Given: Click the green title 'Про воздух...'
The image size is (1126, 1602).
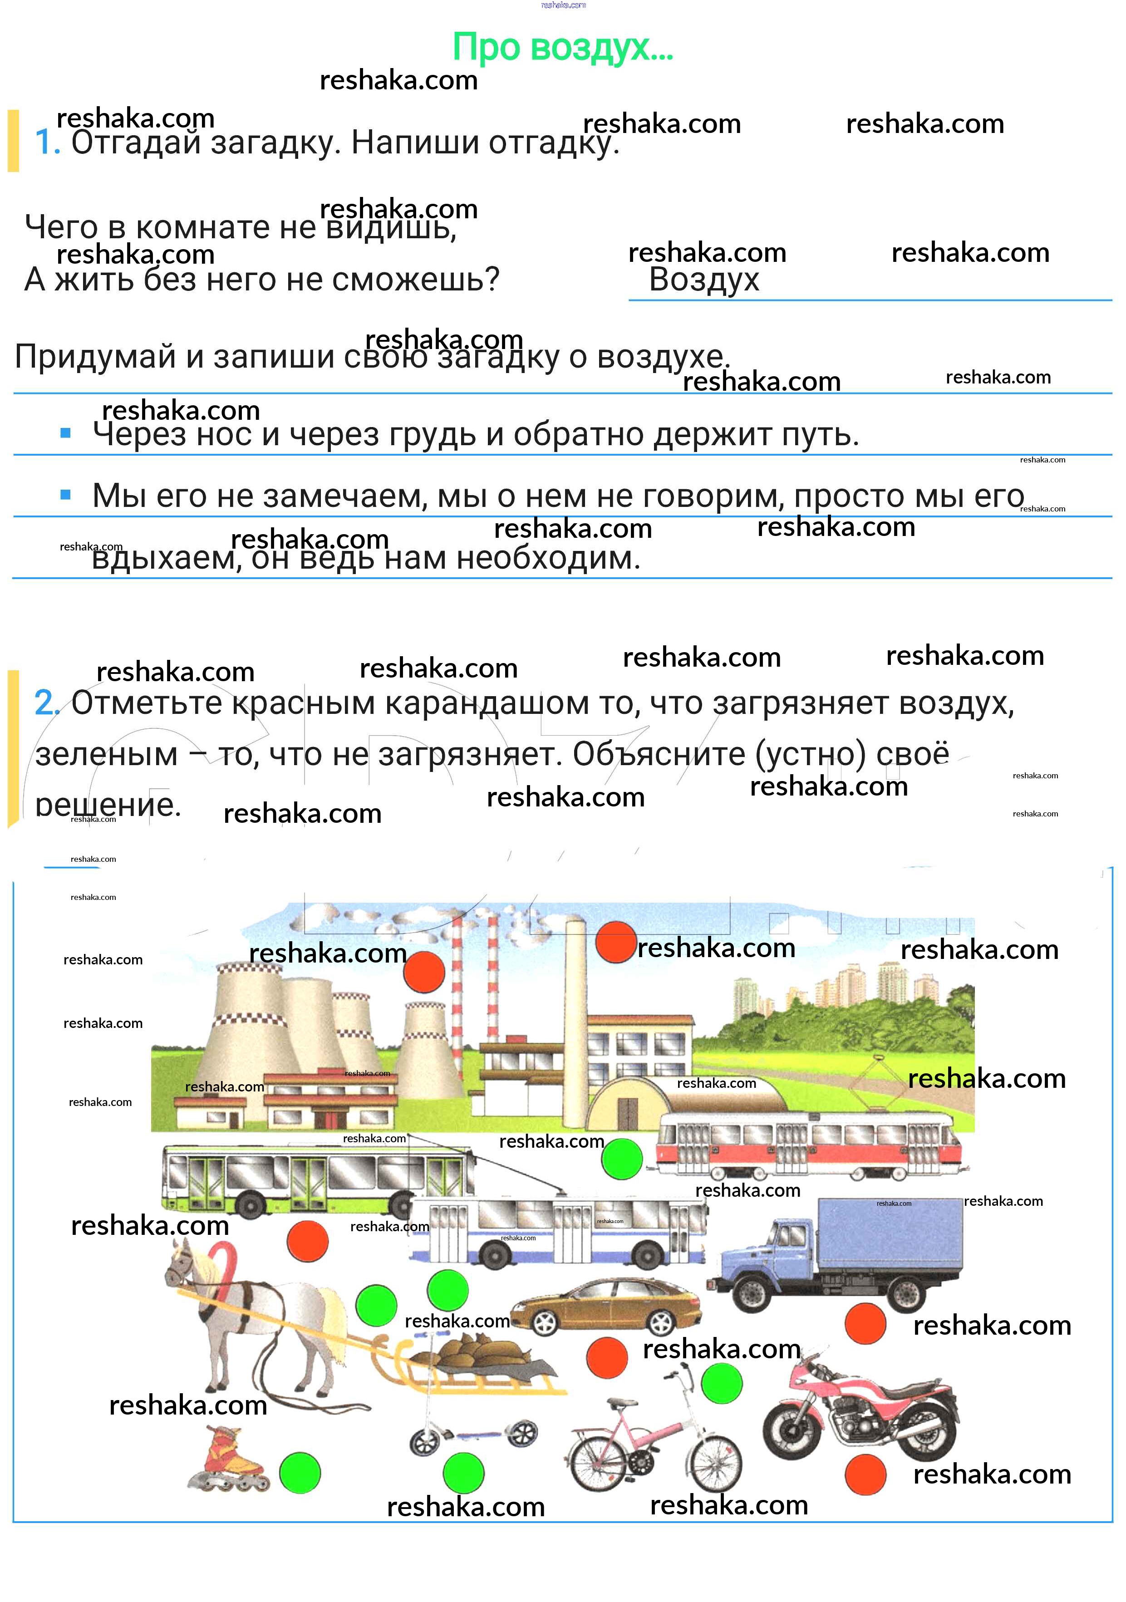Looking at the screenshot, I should click(562, 48).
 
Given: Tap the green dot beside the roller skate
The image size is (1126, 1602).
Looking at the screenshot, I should click(300, 1473).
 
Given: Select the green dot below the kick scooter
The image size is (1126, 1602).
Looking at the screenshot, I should click(464, 1473).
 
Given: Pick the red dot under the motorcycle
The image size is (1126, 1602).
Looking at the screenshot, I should click(865, 1474).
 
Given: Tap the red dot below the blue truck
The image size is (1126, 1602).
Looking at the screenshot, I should click(865, 1324).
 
